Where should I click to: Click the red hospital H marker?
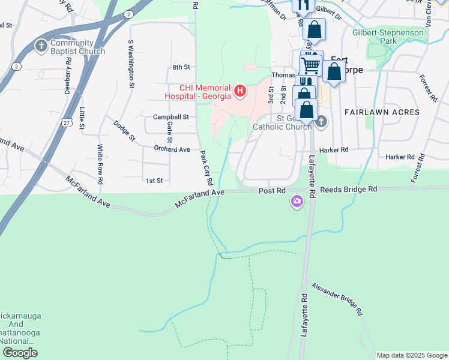tap(240, 91)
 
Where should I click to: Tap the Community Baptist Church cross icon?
tap(41, 46)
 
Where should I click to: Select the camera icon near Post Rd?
tap(297, 202)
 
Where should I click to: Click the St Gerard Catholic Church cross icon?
tap(321, 122)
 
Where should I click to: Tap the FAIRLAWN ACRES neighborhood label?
tap(381, 112)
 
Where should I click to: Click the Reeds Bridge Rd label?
tap(348, 189)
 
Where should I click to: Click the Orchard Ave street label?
tap(172, 149)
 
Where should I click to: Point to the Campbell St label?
tap(170, 116)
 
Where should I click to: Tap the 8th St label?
tap(181, 67)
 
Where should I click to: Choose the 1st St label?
tap(154, 180)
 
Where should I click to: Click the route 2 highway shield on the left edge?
tap(16, 65)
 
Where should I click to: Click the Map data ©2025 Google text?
tap(411, 355)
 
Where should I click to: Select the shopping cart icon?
tap(311, 64)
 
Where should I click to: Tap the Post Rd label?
tap(272, 190)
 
